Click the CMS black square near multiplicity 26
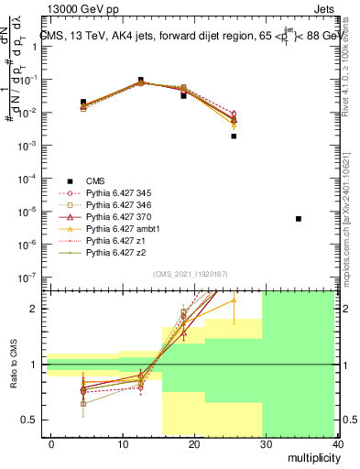(234, 136)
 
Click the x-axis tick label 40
(338, 443)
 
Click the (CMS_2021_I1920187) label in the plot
(191, 273)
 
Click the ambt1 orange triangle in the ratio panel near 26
(234, 300)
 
